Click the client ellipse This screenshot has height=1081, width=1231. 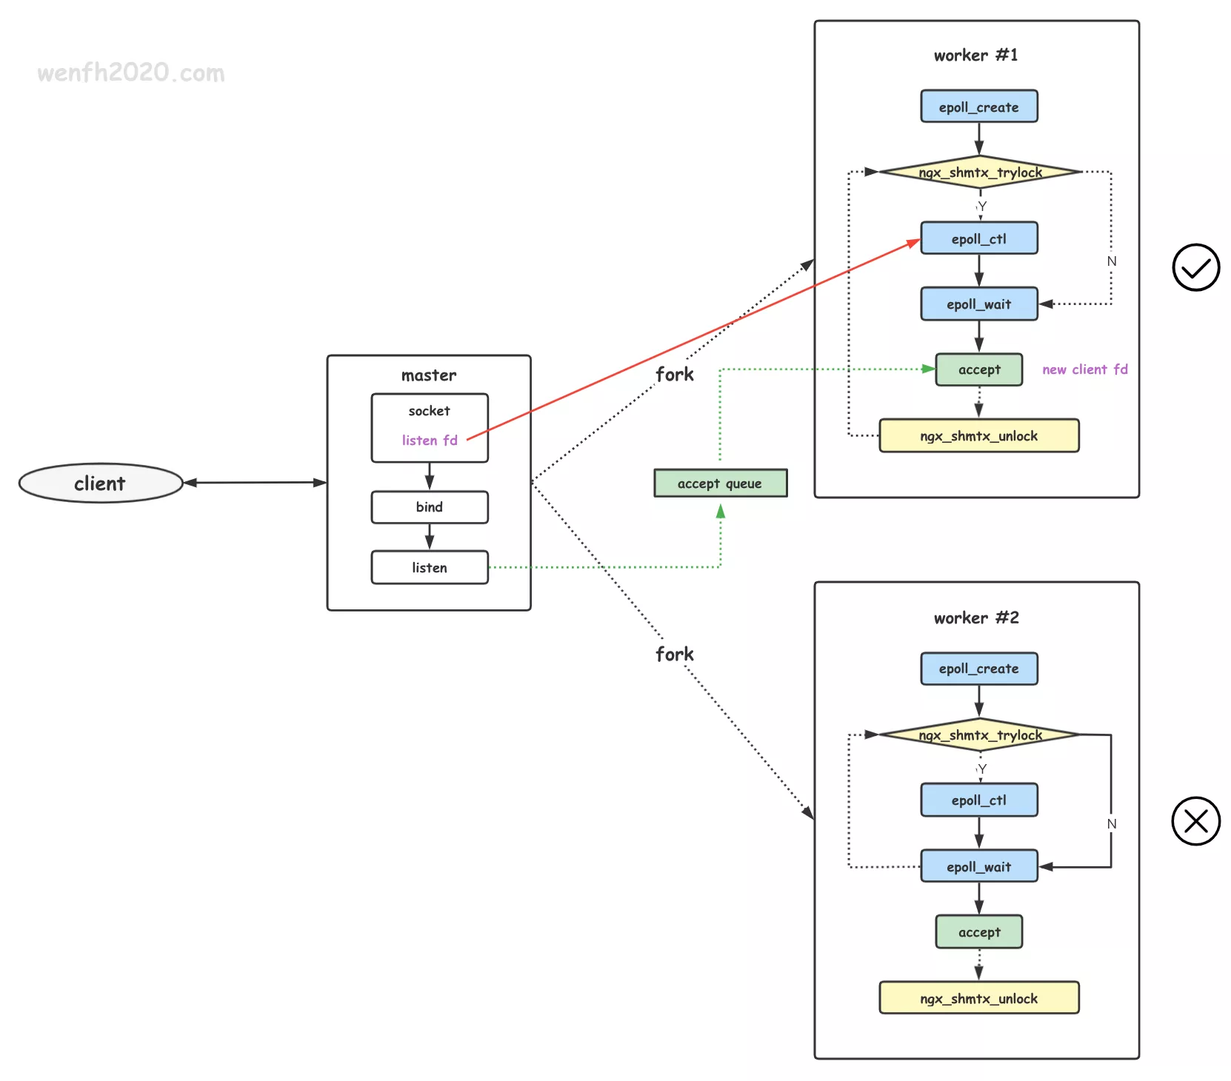100,483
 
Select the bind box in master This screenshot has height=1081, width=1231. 430,507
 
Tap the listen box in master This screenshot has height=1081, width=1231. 430,568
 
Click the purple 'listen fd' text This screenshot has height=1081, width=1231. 430,441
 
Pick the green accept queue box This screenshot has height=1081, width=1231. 720,483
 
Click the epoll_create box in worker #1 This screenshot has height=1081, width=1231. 978,107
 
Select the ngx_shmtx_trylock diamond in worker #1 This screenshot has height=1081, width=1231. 979,173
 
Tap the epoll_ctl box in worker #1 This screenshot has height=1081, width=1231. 978,238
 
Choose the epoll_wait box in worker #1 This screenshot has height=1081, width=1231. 978,304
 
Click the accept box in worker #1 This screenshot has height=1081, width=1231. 978,369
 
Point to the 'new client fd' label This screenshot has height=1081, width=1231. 1084,369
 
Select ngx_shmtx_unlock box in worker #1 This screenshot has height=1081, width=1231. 978,436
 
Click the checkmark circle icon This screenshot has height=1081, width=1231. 1195,267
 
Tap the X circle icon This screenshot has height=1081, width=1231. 1195,821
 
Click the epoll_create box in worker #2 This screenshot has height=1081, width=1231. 978,669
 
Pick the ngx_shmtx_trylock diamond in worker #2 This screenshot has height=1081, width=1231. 979,735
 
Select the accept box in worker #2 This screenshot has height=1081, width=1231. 978,932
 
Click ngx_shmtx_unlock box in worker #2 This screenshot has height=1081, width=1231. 978,998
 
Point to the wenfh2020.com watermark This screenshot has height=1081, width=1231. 131,73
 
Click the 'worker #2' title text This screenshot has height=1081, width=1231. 976,618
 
